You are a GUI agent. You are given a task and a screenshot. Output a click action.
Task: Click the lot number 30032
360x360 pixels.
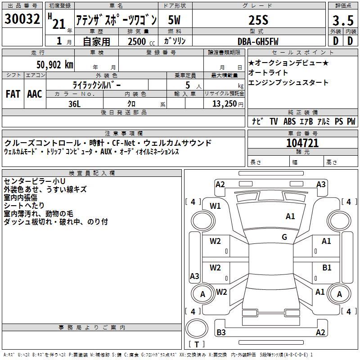click(22, 18)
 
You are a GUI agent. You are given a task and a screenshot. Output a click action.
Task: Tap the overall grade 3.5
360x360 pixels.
click(343, 20)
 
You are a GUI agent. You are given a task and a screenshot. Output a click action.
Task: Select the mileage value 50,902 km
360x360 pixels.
click(55, 65)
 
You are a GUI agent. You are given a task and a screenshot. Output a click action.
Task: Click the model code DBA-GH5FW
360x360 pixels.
click(258, 41)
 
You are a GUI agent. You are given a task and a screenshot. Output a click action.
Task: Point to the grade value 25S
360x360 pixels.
click(258, 20)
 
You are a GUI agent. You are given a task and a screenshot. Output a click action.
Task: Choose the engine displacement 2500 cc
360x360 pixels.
click(141, 41)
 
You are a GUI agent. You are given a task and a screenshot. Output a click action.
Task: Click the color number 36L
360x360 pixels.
click(74, 104)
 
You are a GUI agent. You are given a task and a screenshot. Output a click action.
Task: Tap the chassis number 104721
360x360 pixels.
click(302, 143)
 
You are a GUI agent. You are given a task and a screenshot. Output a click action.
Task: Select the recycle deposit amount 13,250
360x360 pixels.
click(225, 104)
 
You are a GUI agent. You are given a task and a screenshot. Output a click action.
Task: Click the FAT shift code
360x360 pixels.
click(13, 94)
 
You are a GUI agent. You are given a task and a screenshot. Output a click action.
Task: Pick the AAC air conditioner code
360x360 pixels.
click(35, 94)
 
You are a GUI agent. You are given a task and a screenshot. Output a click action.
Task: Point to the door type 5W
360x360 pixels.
click(174, 20)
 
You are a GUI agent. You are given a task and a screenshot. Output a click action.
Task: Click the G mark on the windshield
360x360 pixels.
click(284, 237)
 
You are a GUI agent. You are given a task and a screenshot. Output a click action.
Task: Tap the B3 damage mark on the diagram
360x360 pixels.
click(221, 332)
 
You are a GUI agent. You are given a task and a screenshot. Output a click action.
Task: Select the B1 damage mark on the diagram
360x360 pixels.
click(327, 268)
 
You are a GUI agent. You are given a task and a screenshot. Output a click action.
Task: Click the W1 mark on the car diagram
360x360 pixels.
click(215, 206)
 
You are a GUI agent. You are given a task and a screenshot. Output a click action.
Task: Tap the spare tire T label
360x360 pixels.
click(197, 344)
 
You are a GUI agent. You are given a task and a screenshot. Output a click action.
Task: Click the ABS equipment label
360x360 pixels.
click(289, 121)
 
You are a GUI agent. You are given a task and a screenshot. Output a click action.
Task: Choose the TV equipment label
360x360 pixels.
click(274, 121)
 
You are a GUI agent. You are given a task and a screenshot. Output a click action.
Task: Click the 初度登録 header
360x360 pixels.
click(60, 5)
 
